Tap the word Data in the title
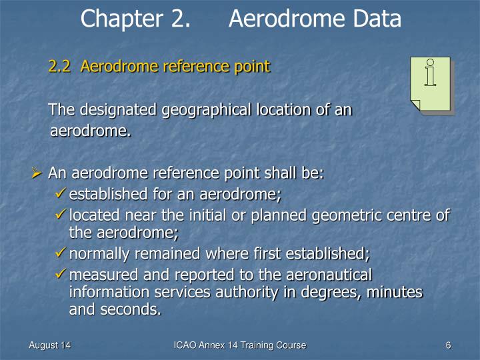375,19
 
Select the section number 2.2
60,67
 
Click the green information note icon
431,84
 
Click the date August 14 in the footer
50,345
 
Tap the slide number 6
449,345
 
